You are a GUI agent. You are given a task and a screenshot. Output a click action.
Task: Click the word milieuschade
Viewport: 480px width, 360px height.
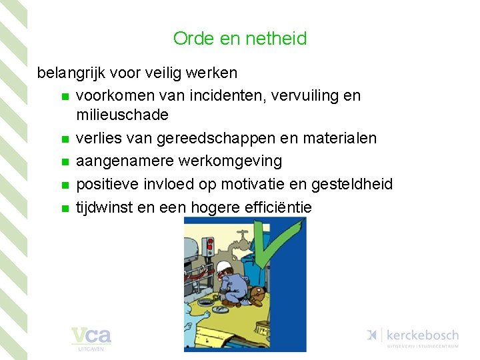123,115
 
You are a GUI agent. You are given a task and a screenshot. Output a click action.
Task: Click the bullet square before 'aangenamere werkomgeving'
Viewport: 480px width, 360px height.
64,162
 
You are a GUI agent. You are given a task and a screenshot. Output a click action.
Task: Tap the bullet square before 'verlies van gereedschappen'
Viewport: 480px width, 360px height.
64,139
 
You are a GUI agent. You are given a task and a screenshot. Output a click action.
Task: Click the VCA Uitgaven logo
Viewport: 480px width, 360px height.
91,337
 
